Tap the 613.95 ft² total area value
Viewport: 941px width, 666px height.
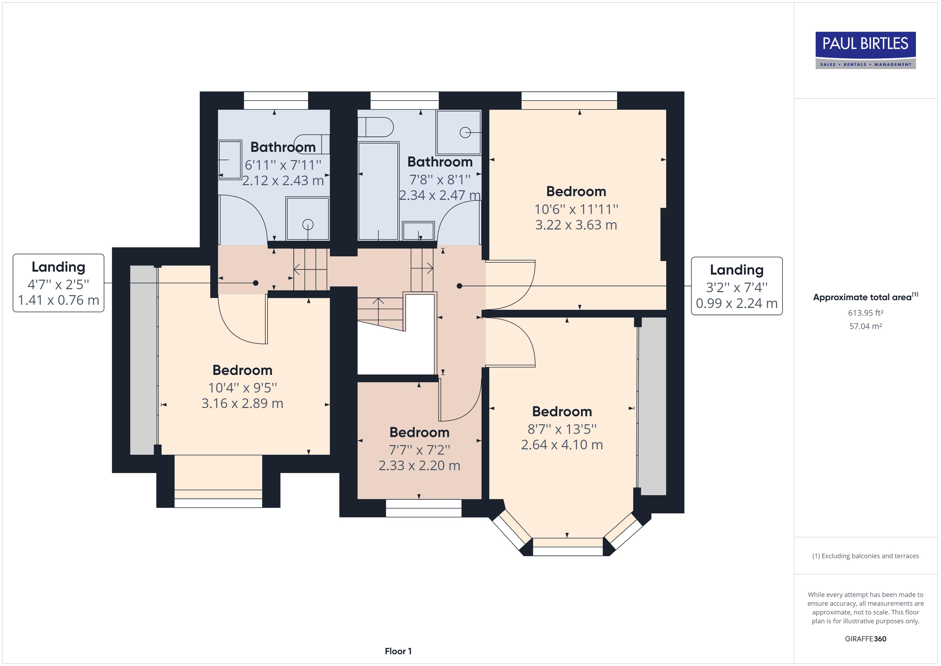click(x=865, y=313)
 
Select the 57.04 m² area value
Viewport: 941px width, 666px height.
click(x=865, y=326)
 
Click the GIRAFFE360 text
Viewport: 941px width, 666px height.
click(x=865, y=639)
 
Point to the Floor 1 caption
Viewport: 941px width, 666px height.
click(x=398, y=651)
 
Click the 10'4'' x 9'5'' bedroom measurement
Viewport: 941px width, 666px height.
click(x=242, y=387)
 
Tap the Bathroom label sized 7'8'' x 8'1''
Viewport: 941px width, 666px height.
click(x=440, y=162)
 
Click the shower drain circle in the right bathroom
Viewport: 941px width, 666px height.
click(x=464, y=132)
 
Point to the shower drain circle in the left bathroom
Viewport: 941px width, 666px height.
click(x=308, y=224)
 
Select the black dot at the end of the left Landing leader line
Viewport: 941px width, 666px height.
click(x=256, y=283)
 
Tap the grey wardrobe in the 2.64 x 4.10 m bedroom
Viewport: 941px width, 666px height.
click(x=652, y=406)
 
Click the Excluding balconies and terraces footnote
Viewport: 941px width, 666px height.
click(x=865, y=556)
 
